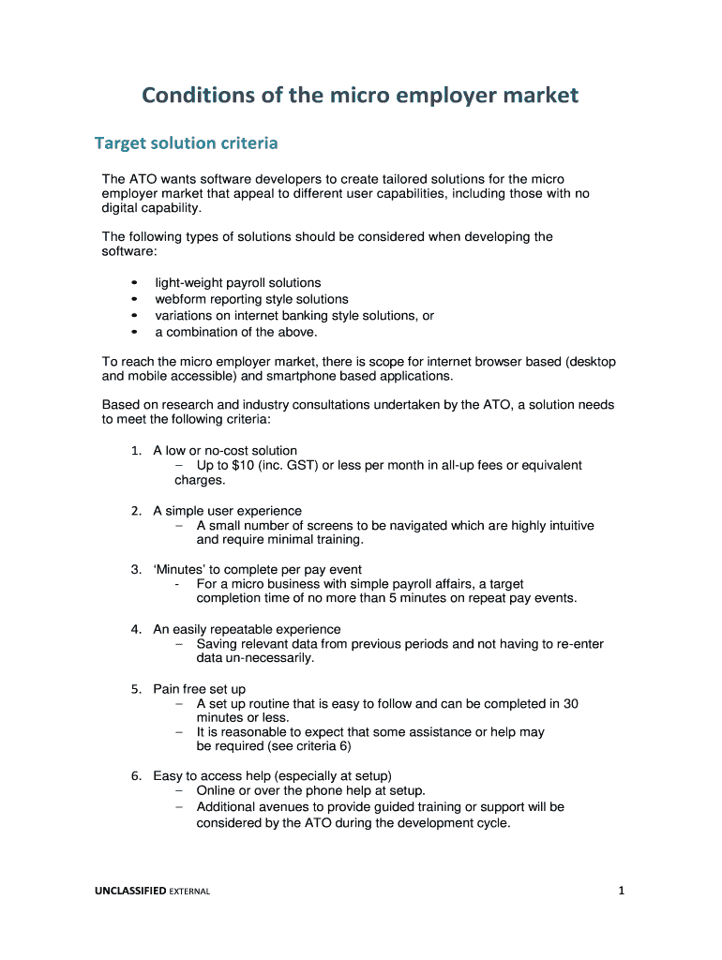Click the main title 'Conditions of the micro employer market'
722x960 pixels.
(x=360, y=95)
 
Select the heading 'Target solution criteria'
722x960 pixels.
(x=186, y=143)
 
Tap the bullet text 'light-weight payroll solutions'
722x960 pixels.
(x=237, y=282)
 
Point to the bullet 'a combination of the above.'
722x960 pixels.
(x=236, y=332)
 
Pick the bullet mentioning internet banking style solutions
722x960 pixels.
(x=293, y=316)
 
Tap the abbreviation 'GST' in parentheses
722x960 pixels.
(x=303, y=465)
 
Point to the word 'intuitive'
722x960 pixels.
(x=566, y=526)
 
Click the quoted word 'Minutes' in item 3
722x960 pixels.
(x=180, y=569)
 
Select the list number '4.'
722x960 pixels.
(x=136, y=629)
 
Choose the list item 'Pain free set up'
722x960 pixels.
(x=199, y=689)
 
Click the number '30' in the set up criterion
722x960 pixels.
(x=570, y=704)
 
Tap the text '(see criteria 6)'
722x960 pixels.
(x=306, y=747)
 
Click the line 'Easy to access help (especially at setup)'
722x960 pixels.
(x=272, y=776)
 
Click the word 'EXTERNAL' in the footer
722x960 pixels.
(x=189, y=892)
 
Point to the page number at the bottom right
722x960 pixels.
(x=620, y=892)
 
